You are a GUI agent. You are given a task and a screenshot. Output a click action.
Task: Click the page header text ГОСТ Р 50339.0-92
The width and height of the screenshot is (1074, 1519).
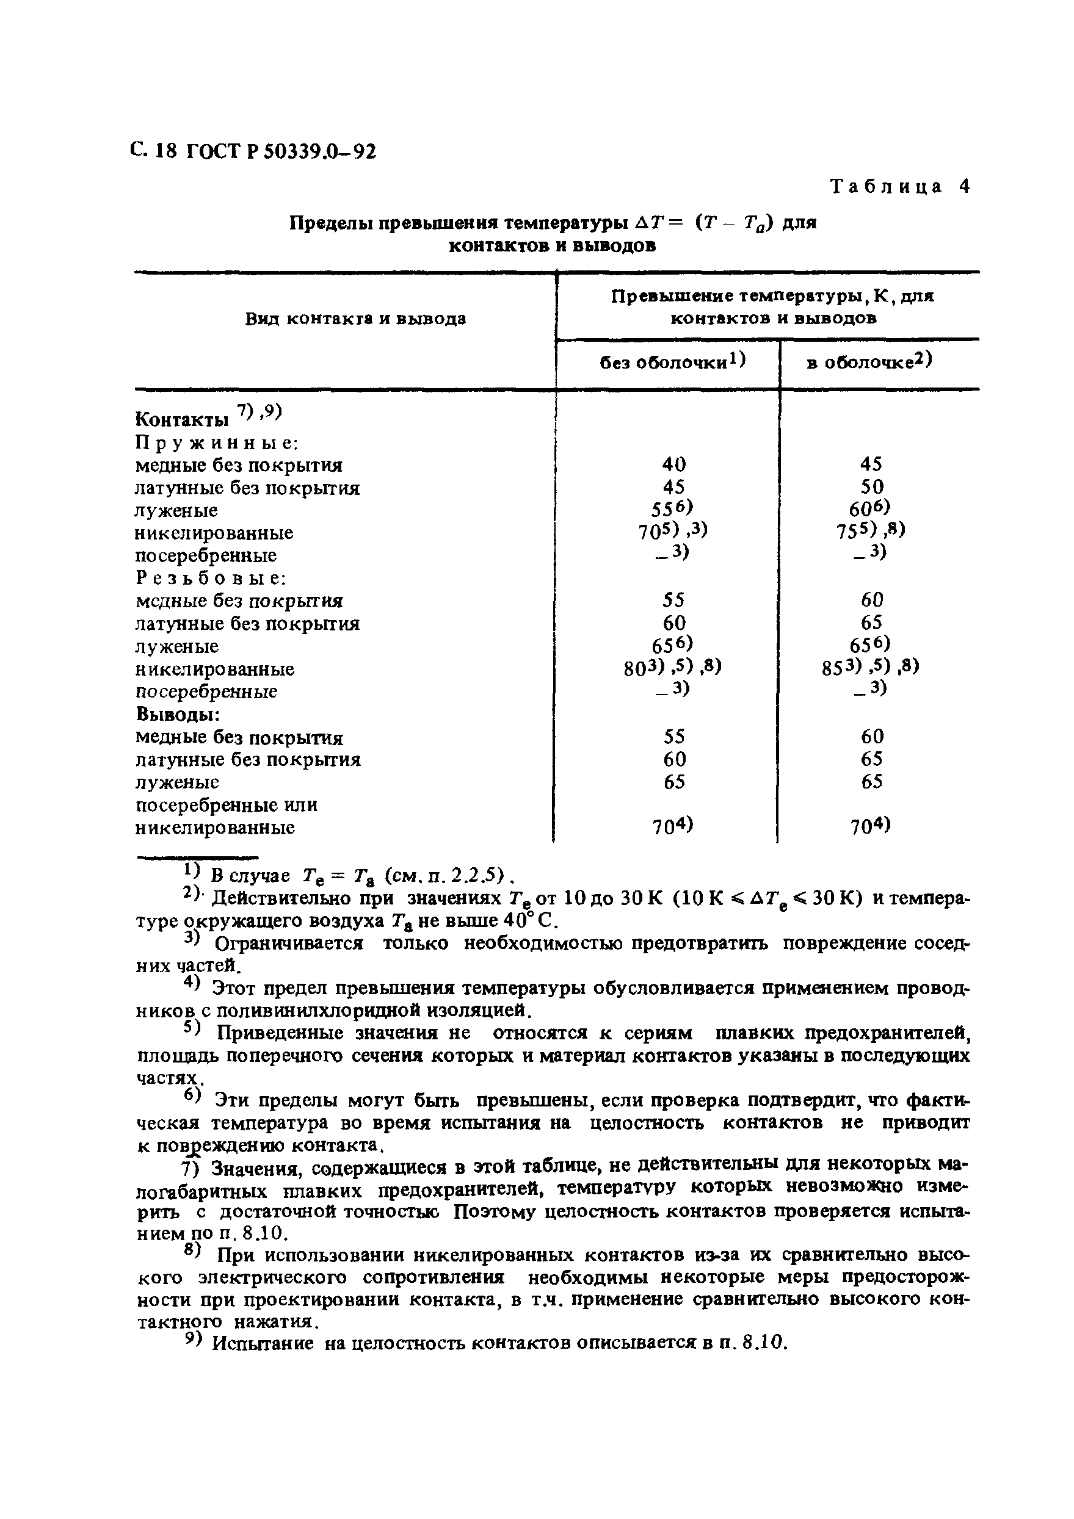point(281,152)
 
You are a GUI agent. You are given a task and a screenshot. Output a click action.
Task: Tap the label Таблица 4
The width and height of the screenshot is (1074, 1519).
point(900,187)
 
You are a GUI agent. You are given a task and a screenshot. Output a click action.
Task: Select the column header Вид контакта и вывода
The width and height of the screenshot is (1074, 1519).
point(355,319)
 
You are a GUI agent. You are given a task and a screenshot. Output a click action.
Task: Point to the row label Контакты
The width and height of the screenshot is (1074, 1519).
point(182,419)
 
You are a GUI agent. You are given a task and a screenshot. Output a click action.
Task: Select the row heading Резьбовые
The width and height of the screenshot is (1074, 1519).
point(211,578)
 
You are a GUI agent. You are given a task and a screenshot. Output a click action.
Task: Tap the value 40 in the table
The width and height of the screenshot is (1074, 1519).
point(673,464)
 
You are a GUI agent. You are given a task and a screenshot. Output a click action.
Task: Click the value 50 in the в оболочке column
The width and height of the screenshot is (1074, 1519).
point(871,488)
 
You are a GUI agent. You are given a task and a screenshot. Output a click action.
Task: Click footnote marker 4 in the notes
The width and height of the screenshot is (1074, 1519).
point(191,984)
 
